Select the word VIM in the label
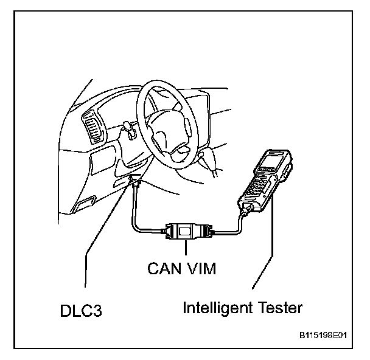pos(200,268)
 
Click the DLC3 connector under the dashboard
pos(134,180)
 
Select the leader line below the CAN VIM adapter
pos(187,250)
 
